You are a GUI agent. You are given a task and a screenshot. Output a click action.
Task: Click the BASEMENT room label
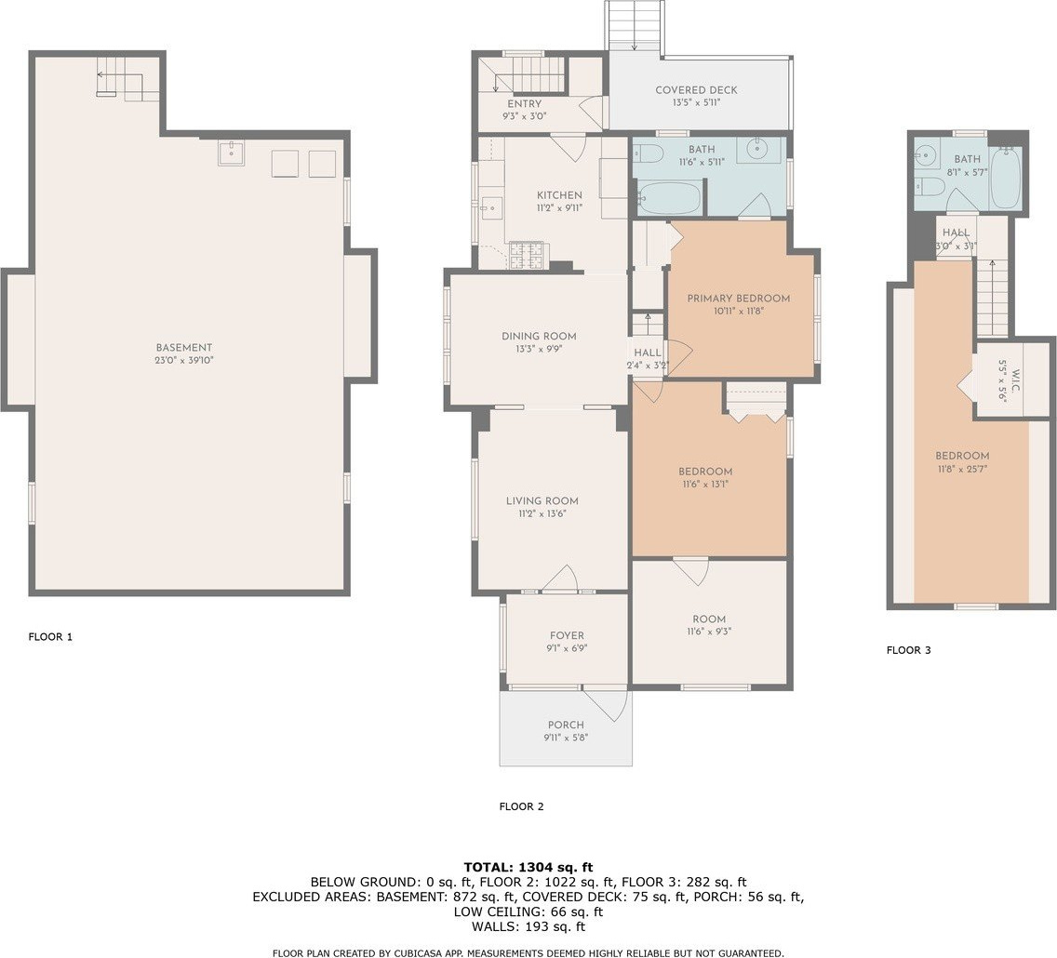coord(184,348)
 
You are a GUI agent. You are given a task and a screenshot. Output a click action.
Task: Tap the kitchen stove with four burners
coord(526,255)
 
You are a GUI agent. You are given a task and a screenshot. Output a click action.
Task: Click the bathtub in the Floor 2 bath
coord(669,198)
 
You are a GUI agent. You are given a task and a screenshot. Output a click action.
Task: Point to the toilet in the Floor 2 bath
coord(648,154)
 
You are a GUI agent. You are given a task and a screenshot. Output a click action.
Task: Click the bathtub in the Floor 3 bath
coord(1006,177)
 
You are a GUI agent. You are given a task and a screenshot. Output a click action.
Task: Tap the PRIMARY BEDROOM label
coord(738,299)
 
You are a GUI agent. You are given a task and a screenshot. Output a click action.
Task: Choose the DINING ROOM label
coord(539,336)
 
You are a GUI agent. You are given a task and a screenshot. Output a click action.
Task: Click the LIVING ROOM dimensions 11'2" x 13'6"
coord(542,513)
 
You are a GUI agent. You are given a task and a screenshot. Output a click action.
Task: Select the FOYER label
coord(567,635)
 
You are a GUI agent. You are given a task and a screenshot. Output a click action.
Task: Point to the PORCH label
coord(566,725)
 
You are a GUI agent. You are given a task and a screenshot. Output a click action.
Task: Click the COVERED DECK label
coord(696,90)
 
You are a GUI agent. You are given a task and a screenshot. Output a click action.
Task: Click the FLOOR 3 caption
coord(909,650)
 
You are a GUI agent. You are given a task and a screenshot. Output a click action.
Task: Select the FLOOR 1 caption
coord(50,636)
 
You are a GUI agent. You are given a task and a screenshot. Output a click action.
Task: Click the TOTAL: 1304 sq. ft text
coord(528,867)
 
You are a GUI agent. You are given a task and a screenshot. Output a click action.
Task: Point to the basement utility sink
coord(231,153)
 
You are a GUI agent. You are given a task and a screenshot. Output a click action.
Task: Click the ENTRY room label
coord(525,104)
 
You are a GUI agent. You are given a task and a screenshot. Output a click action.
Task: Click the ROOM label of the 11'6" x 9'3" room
coord(709,619)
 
